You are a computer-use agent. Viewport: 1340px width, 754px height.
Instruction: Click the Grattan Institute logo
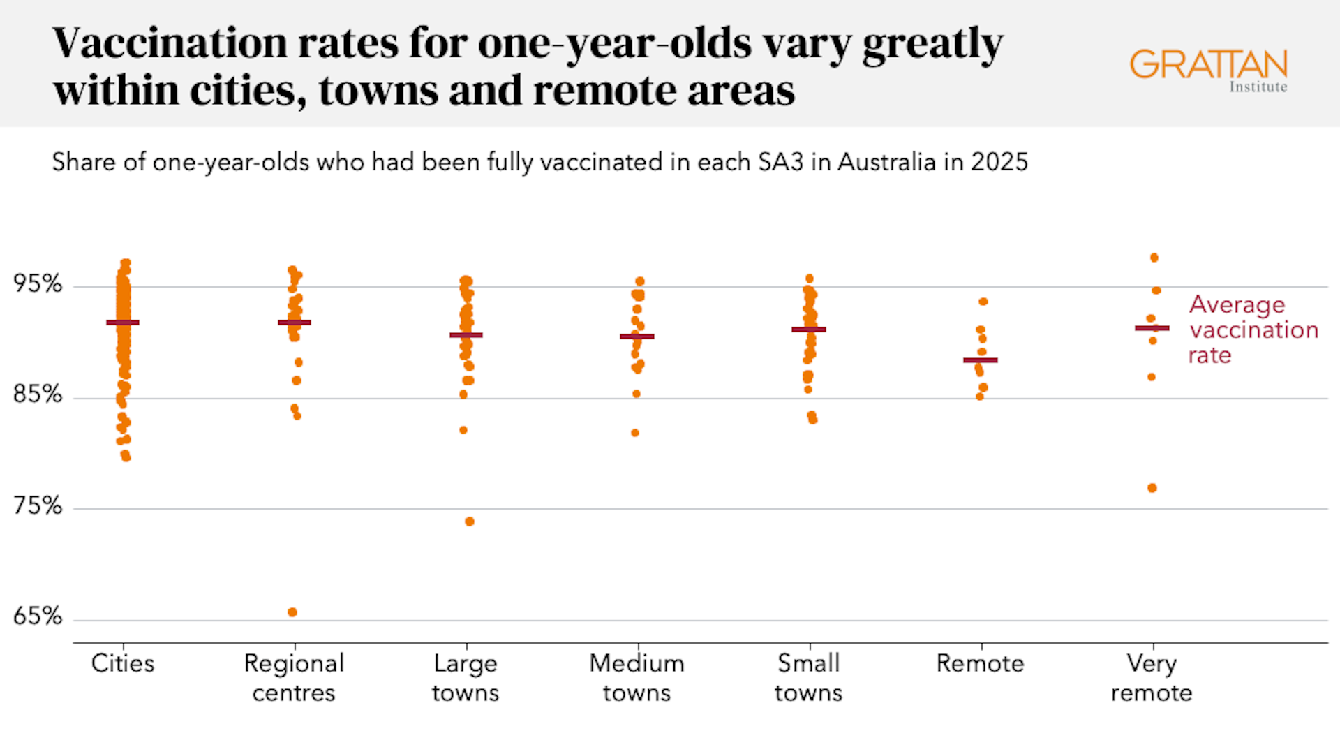(1208, 70)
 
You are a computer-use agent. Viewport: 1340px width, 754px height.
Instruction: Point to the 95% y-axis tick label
(38, 284)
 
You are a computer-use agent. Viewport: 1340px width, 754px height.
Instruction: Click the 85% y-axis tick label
(38, 395)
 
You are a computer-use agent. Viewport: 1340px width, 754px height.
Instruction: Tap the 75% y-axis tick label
(38, 506)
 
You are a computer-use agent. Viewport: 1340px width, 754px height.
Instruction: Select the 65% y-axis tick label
(38, 616)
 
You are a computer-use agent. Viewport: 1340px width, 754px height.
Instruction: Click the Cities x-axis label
(123, 663)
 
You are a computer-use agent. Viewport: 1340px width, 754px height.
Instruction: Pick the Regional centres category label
(294, 678)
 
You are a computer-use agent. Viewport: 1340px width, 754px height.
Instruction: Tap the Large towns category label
(466, 678)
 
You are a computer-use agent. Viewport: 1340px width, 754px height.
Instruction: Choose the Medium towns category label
(636, 678)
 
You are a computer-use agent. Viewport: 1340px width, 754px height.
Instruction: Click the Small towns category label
(809, 678)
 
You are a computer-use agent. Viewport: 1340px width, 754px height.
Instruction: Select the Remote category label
(980, 663)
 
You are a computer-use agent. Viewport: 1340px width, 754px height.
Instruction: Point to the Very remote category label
(1152, 678)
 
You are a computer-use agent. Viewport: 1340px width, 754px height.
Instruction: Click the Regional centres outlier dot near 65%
(292, 612)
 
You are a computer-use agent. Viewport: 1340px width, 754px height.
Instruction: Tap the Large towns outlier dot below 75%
(470, 522)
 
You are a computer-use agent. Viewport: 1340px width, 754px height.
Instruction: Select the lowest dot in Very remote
(1152, 488)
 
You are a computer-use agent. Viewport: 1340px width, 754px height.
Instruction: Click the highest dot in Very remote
(1154, 258)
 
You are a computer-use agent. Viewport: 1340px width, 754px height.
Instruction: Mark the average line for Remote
(981, 360)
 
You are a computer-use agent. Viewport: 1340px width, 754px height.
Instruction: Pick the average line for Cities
(123, 323)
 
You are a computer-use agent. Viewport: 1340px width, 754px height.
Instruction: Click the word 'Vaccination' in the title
(170, 43)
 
